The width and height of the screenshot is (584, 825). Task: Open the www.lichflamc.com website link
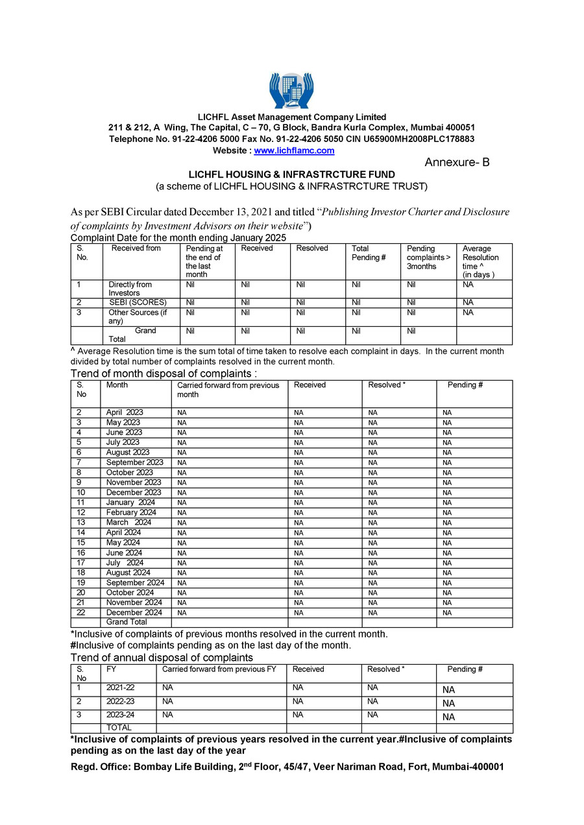pos(294,150)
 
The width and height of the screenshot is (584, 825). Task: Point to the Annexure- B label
pos(457,162)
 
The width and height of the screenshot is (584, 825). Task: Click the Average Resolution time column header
pos(481,261)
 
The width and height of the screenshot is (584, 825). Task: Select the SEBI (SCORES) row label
pos(138,302)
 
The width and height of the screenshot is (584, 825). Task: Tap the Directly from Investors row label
pos(130,289)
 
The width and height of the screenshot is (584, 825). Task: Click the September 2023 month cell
pos(134,462)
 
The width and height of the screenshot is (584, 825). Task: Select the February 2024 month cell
pos(131,512)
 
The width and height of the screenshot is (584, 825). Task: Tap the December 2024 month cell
pos(134,612)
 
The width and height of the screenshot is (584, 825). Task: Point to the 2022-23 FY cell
pos(120,701)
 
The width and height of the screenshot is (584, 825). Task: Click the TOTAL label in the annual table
pos(119,728)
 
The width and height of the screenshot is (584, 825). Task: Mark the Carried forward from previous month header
pos(228,390)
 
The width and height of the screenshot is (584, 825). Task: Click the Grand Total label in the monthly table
pos(127,622)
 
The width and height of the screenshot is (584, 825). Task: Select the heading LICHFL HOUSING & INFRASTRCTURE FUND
pos(291,175)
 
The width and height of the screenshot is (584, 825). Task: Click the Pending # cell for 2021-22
pos(448,690)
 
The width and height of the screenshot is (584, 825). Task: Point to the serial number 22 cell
pos(81,612)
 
